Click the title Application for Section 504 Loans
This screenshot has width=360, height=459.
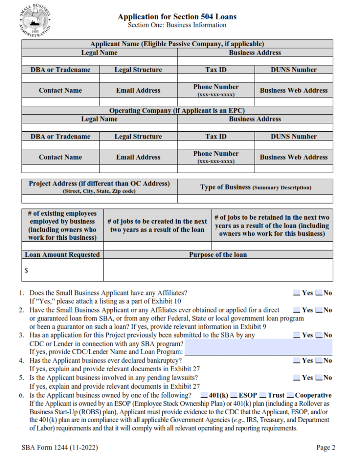[x=177, y=17]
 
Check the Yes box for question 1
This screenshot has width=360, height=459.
[x=297, y=293]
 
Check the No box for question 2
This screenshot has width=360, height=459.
[x=319, y=310]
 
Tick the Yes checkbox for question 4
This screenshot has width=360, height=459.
[x=297, y=360]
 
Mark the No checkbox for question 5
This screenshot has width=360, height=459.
[x=319, y=377]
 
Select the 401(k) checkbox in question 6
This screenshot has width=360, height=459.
[x=204, y=395]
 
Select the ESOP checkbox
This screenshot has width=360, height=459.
[x=234, y=395]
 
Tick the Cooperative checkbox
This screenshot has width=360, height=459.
[x=290, y=395]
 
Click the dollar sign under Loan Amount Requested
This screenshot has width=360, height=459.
[x=27, y=271]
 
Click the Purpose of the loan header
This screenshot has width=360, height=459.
[x=218, y=255]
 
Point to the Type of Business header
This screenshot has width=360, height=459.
[x=255, y=187]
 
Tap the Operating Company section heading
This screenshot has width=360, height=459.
[x=177, y=110]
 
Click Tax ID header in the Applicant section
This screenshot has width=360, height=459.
[x=216, y=70]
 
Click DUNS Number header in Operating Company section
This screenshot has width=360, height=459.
[x=294, y=137]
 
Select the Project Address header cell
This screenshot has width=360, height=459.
[x=100, y=186]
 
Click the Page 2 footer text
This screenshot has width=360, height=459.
[x=325, y=447]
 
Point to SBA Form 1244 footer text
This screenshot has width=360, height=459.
[x=60, y=447]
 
